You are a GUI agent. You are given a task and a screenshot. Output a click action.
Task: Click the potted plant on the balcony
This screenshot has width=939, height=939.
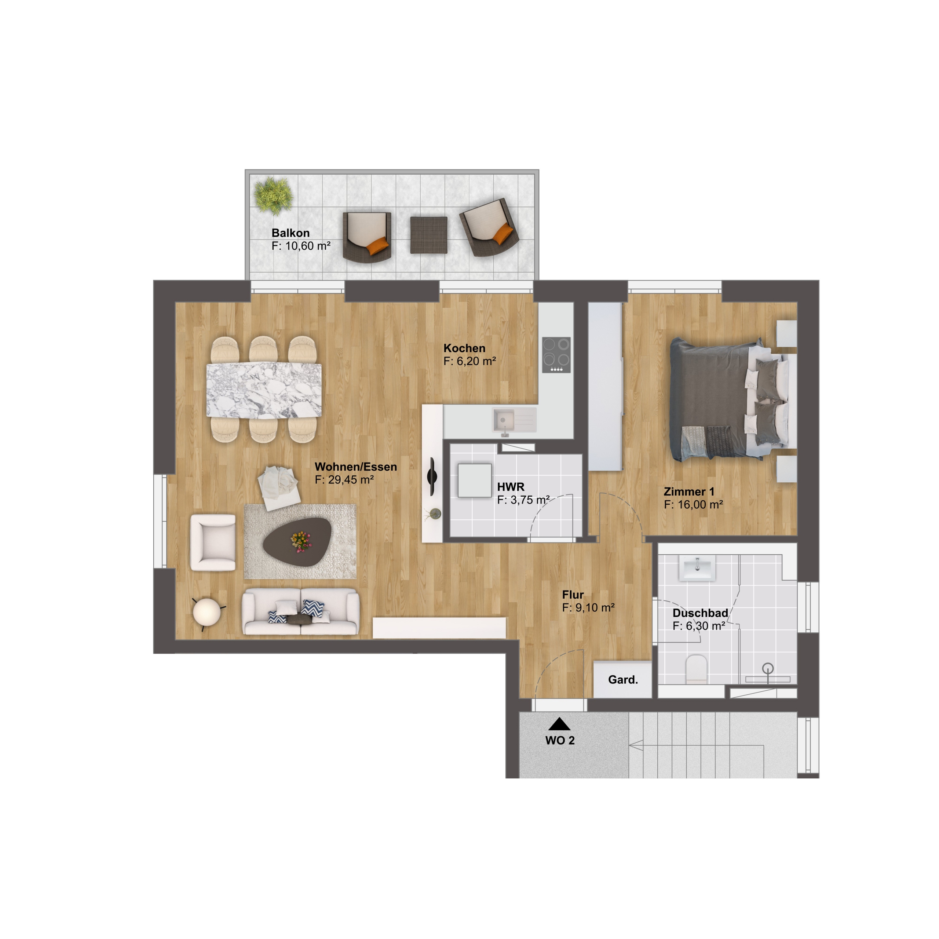(274, 196)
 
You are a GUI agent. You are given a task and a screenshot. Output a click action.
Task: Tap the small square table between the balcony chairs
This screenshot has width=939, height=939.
(429, 235)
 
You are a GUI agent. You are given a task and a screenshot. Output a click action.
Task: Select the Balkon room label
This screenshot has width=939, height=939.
(291, 233)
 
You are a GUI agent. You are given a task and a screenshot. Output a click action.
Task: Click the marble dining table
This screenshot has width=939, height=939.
(264, 390)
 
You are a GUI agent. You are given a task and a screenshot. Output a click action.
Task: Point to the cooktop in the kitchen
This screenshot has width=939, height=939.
(556, 355)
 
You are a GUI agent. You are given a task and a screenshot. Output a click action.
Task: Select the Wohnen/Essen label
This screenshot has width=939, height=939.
(356, 467)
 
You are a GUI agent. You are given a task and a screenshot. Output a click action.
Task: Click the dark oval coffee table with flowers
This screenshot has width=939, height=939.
(301, 542)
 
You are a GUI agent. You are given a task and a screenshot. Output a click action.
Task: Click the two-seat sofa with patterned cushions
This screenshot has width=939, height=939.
(301, 611)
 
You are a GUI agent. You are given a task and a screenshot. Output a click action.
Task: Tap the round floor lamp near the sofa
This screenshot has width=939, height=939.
(208, 611)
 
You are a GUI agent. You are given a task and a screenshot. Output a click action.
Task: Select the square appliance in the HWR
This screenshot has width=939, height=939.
(474, 480)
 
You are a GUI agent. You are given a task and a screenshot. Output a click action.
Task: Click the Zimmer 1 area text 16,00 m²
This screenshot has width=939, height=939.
(700, 504)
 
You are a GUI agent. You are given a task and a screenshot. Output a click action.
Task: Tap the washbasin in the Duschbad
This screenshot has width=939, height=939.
(697, 568)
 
